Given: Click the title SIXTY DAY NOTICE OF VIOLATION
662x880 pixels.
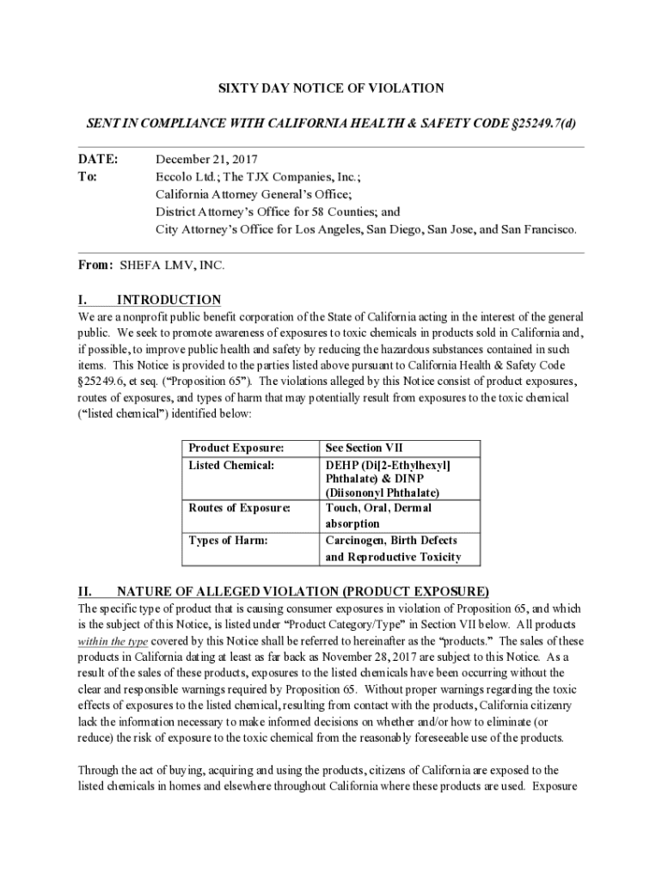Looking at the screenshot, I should point(330,89).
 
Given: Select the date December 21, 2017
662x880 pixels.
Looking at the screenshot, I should point(206,160).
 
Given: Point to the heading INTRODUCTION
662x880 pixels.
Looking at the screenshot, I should point(169,300).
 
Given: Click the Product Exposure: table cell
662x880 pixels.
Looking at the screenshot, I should point(236,448).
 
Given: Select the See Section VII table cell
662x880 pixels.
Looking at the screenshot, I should point(365,448).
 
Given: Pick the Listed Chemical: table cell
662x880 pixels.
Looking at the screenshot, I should point(231,465).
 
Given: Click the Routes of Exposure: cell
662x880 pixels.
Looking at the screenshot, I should point(239,508).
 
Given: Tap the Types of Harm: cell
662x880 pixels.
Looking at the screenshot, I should point(228,541).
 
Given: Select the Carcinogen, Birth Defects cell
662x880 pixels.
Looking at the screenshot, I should point(392,548).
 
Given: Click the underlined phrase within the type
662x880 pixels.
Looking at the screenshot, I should point(113,641).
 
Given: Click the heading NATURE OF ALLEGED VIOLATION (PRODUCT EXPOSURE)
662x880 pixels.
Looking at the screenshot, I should point(303,591).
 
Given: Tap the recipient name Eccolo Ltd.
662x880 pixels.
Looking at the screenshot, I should point(184,177).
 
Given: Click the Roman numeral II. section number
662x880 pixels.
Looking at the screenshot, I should point(85,591).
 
